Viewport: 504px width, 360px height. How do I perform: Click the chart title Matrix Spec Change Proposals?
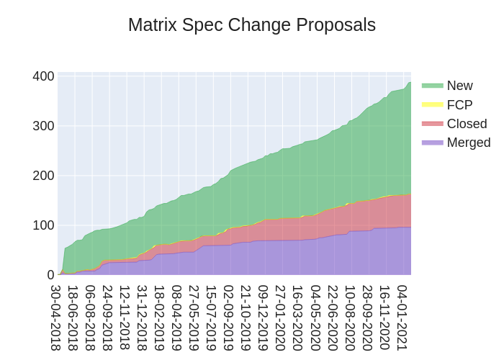coord(252,25)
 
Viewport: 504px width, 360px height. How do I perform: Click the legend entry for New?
coord(459,86)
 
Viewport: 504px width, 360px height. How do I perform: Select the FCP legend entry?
coord(459,104)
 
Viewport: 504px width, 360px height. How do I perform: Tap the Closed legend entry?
coord(467,123)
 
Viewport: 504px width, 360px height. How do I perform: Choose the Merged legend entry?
coord(468,142)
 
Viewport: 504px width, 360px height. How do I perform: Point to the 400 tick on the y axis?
coord(44,76)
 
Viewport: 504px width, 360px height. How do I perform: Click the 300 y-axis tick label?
coord(44,126)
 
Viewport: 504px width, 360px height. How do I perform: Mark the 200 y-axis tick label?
coord(44,176)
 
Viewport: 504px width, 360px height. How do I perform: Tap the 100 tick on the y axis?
coord(44,225)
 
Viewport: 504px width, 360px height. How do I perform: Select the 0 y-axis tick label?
coord(50,275)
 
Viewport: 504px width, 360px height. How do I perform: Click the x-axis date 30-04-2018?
coord(56,318)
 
